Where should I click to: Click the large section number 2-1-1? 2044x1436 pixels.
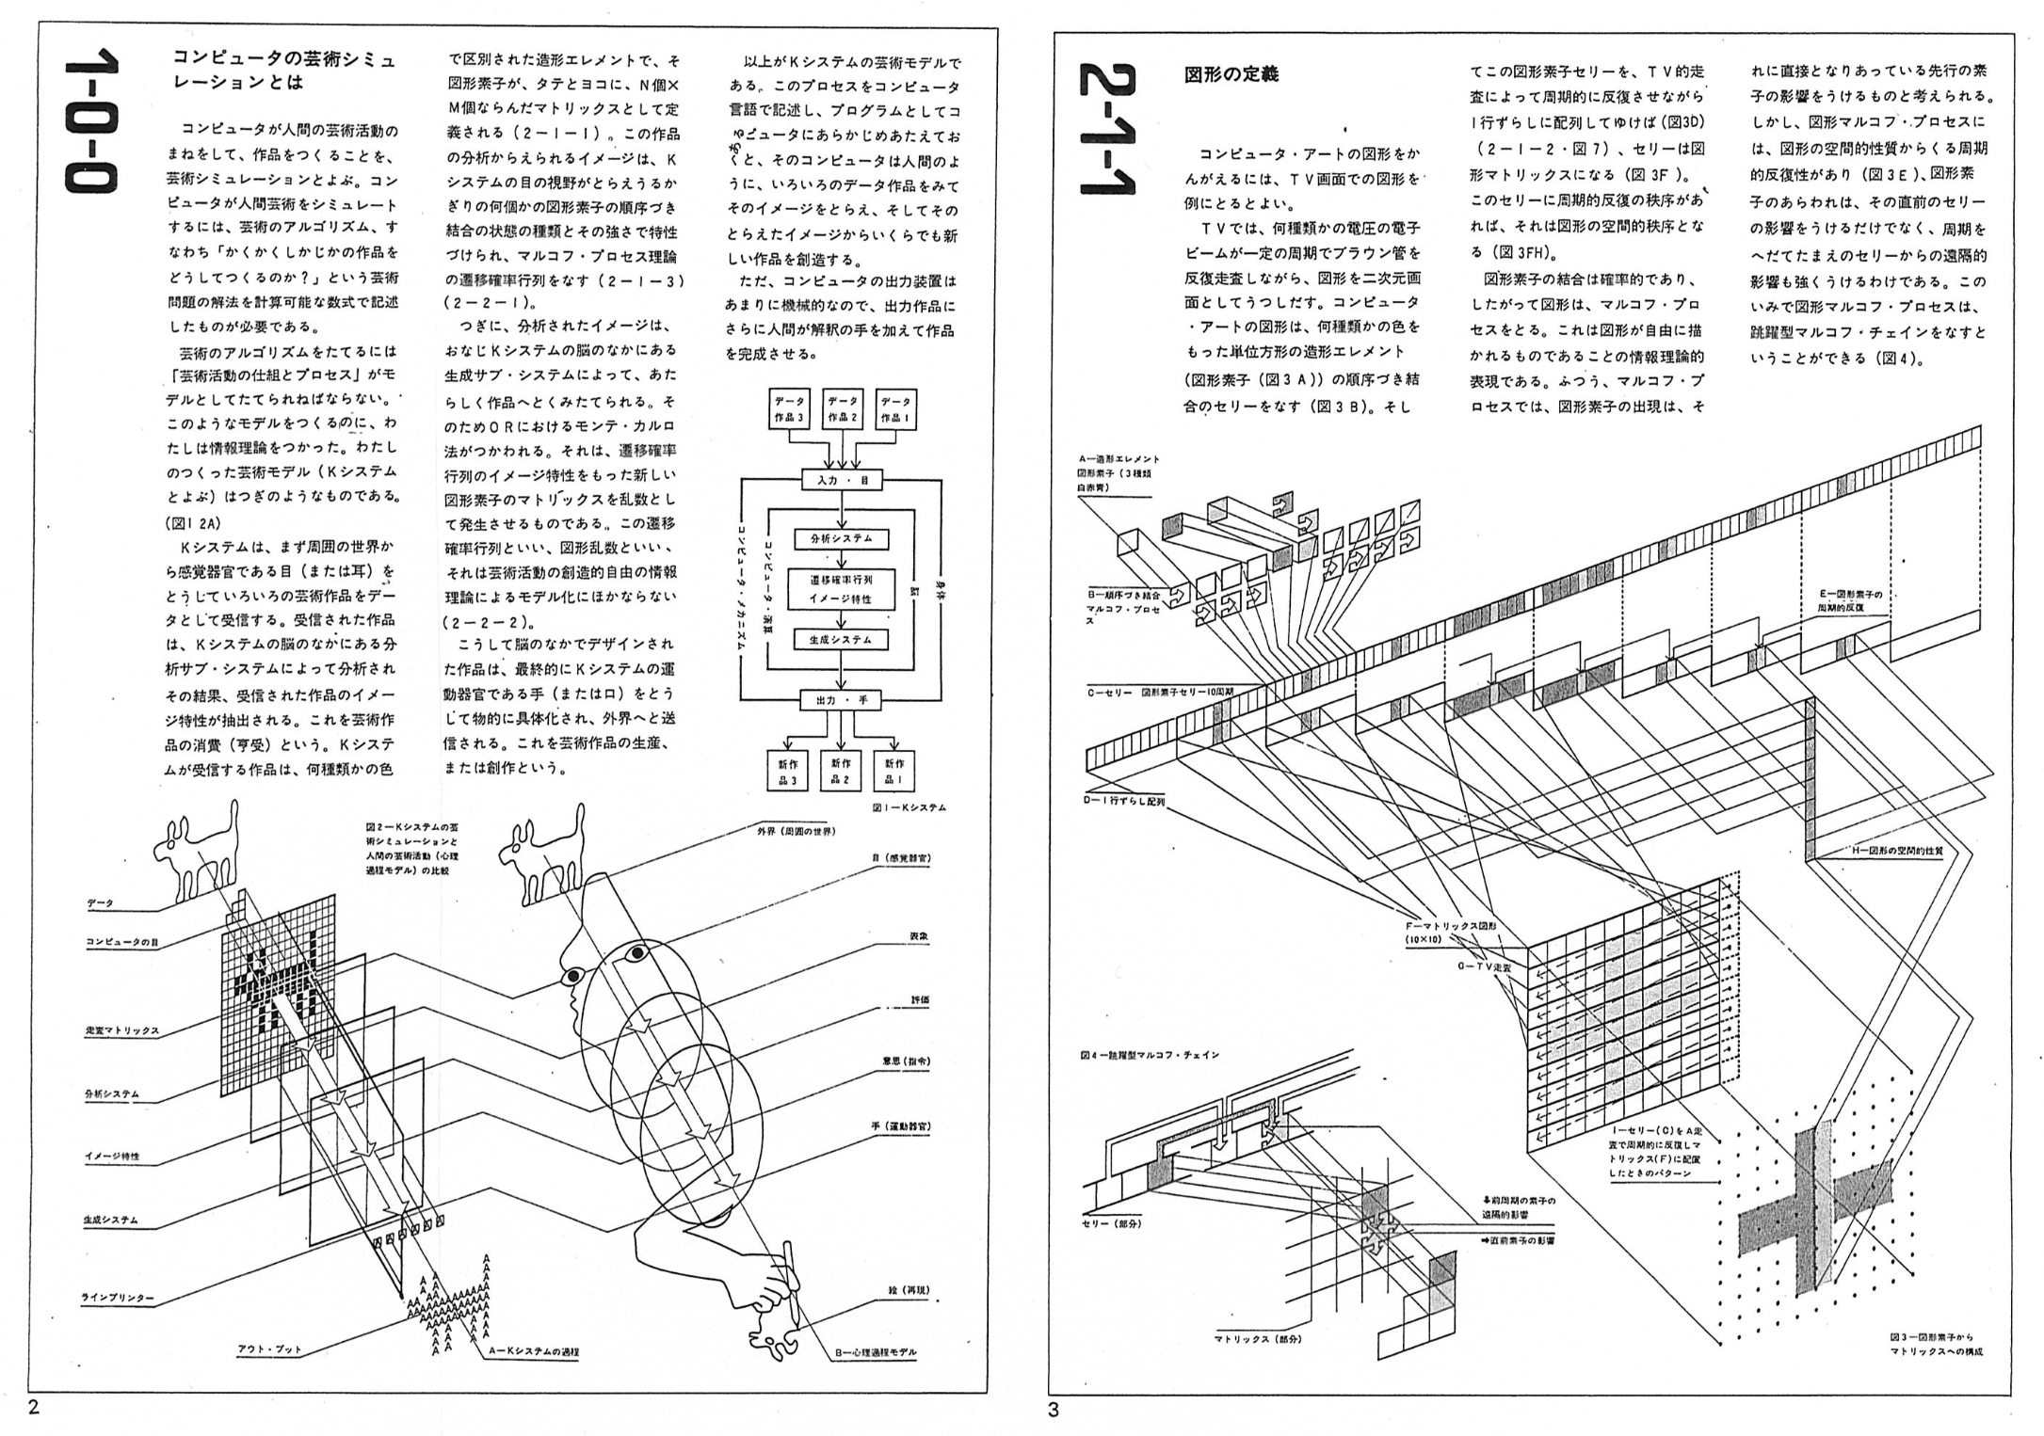1107,131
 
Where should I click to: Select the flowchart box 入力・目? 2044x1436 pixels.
842,480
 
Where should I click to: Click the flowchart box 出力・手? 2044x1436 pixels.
842,700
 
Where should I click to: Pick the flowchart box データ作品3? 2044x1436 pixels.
789,409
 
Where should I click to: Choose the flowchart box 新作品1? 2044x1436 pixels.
894,771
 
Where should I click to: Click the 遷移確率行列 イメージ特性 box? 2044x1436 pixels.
841,589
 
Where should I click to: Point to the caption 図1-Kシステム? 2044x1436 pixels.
909,807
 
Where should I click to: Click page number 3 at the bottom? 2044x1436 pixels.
1054,1410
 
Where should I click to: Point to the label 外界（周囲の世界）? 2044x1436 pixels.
797,832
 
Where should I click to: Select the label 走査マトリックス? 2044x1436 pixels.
122,1030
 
